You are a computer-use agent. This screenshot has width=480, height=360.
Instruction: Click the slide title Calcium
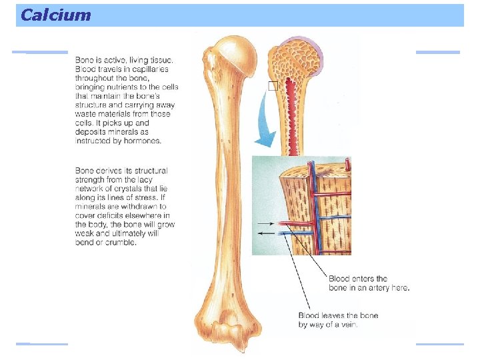click(55, 15)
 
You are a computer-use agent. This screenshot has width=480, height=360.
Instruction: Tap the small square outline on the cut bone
click(272, 86)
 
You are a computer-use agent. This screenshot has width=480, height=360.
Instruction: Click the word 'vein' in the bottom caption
click(349, 325)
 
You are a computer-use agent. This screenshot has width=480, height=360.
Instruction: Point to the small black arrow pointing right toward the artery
click(265, 223)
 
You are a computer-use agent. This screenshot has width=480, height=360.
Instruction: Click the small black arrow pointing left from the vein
click(265, 233)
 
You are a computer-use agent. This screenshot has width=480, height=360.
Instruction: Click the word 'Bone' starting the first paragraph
click(85, 60)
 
